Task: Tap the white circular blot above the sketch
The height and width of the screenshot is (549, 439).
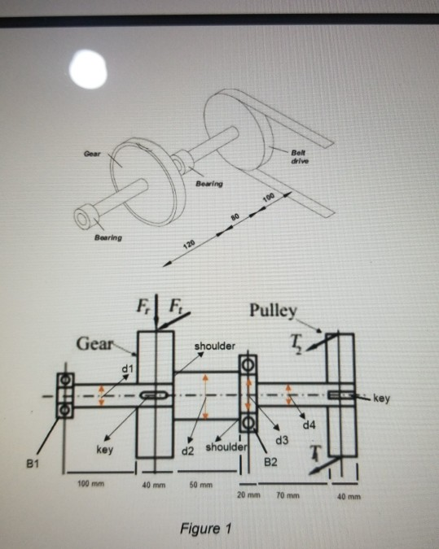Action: point(90,72)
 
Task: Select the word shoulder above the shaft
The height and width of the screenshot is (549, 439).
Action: point(214,348)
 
